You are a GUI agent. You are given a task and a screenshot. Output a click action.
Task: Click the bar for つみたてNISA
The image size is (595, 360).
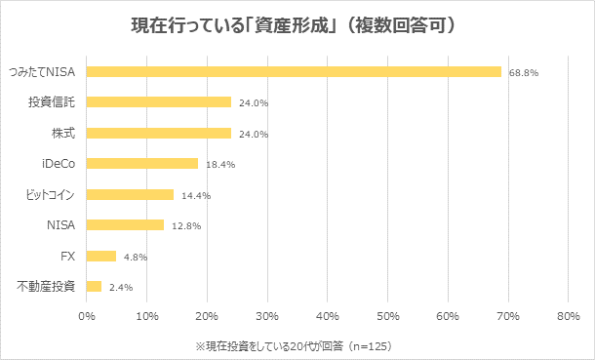point(293,71)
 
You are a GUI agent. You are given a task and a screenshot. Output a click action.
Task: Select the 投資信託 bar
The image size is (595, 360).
point(159,101)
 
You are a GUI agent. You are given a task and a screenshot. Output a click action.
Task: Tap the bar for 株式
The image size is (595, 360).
point(159,133)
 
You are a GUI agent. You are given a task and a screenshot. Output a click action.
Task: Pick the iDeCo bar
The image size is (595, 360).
point(142,164)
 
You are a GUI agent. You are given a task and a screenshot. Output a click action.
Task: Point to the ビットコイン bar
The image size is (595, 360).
point(130,194)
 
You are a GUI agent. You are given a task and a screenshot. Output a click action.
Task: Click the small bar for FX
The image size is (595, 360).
point(101,256)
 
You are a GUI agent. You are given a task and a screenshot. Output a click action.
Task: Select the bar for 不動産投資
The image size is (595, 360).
point(94,287)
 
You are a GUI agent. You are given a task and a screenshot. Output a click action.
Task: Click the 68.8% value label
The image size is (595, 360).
point(524,72)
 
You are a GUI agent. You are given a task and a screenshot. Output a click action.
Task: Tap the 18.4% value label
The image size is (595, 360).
point(220,165)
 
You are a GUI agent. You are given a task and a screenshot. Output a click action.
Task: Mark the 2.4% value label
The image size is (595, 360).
point(121,288)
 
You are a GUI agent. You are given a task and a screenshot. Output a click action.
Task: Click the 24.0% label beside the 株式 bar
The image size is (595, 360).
point(254,134)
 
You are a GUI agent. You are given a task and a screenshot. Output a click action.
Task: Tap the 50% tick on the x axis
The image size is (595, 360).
point(387,316)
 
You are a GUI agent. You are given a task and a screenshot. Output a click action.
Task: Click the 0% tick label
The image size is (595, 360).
point(86,316)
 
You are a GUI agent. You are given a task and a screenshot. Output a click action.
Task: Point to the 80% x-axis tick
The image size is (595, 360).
point(568,316)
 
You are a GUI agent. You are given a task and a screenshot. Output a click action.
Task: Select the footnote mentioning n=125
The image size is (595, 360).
point(294,345)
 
